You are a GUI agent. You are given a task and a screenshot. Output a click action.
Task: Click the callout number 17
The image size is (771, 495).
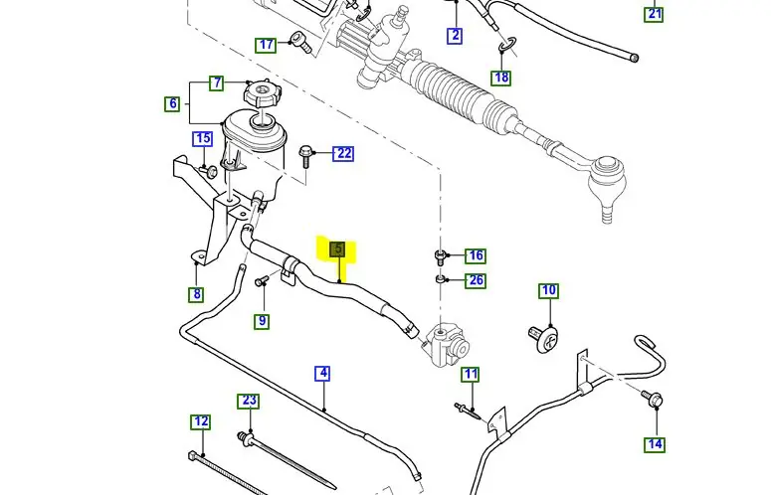click(266, 45)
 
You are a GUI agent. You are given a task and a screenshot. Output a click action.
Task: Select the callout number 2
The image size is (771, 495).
click(456, 36)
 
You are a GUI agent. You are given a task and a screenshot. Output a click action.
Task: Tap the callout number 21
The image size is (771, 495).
click(654, 14)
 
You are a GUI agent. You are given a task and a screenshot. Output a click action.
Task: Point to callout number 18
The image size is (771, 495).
click(501, 78)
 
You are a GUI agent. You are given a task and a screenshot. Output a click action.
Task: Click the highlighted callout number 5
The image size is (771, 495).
click(338, 248)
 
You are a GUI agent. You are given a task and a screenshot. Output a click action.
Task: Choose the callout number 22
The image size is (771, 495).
click(344, 153)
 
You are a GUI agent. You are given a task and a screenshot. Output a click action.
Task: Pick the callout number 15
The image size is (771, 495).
click(202, 139)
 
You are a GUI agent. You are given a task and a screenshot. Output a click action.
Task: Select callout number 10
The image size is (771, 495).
click(549, 291)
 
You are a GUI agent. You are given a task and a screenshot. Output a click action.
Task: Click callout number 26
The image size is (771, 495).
click(477, 280)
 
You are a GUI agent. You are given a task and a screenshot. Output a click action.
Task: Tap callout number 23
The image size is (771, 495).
click(249, 401)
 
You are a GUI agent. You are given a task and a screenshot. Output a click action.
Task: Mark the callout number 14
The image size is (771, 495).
click(655, 444)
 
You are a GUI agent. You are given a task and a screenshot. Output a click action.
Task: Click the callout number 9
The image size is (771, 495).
click(262, 321)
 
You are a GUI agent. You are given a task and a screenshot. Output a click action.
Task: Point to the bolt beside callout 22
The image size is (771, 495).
click(307, 154)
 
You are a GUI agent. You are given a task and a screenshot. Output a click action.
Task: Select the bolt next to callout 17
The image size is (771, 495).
click(297, 41)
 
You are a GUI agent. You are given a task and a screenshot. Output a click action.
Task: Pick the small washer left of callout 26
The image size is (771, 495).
click(441, 280)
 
